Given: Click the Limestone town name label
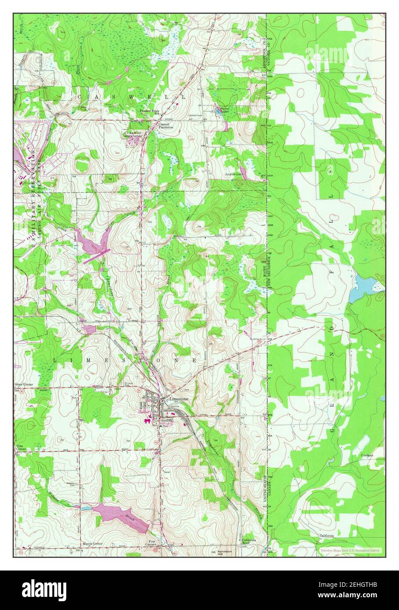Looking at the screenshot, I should click(x=179, y=398).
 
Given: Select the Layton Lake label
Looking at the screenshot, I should click(x=234, y=174).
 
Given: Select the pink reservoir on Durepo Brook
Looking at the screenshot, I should click(x=93, y=241).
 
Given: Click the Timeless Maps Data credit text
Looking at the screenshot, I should click(x=350, y=549).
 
